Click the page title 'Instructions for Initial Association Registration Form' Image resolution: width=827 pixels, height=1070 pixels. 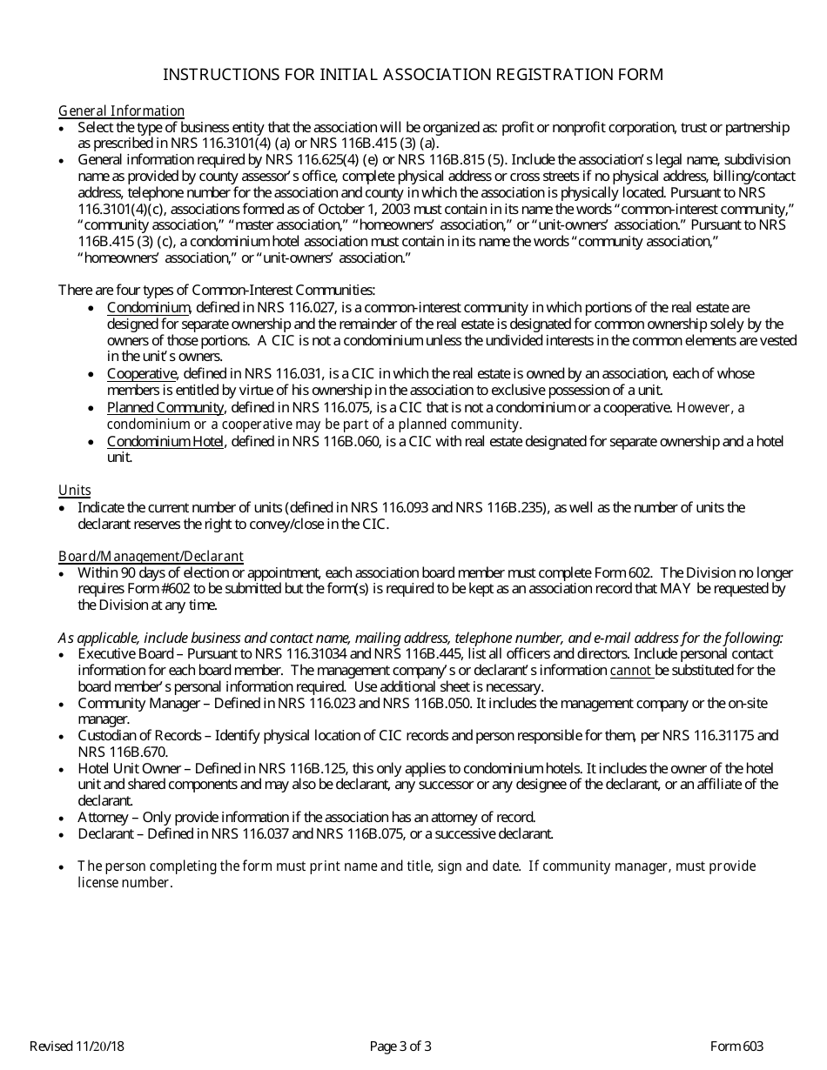(x=413, y=75)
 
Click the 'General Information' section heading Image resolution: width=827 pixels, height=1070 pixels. (x=121, y=110)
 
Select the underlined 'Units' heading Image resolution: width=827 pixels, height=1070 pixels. (x=74, y=490)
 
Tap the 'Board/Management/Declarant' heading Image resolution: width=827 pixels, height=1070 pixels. (x=151, y=556)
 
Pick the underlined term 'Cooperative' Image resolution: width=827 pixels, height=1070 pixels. (x=142, y=373)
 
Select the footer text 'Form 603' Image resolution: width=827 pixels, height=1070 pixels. (x=736, y=1047)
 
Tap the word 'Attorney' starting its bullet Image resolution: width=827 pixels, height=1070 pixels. (x=103, y=818)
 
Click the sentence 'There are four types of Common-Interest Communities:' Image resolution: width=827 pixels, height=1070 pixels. (x=217, y=290)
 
